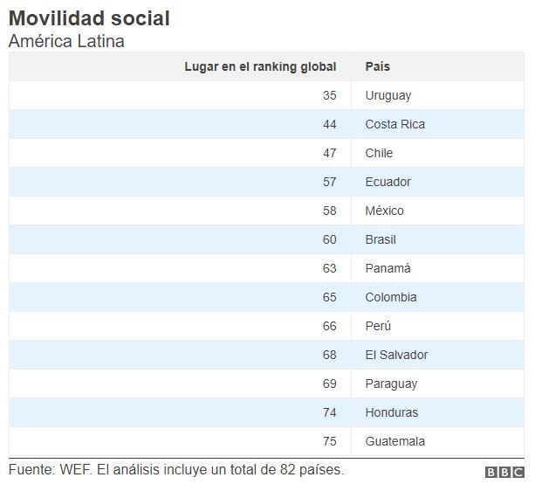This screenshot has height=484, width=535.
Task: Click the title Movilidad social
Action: [89, 17]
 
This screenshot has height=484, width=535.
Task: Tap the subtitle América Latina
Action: [66, 41]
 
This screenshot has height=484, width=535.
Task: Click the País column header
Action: [377, 66]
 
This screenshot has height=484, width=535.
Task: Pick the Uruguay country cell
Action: [388, 95]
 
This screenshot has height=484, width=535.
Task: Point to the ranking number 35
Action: [329, 95]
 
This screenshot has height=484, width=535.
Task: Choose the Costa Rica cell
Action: [394, 124]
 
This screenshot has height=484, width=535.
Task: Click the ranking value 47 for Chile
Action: [329, 153]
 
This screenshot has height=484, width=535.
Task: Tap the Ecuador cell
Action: [388, 182]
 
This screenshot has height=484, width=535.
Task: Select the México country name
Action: [384, 211]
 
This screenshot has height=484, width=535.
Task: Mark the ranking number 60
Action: [329, 239]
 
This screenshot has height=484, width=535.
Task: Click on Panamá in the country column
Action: [388, 268]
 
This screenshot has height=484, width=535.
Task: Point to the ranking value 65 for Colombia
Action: [329, 297]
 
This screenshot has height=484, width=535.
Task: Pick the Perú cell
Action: [378, 326]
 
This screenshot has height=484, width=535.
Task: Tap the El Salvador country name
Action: [396, 355]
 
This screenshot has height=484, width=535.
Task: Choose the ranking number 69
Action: [329, 384]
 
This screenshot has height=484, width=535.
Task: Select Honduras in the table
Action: [391, 412]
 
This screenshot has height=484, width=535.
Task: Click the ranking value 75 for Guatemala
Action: [329, 441]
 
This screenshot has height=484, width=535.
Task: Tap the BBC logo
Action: [504, 472]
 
